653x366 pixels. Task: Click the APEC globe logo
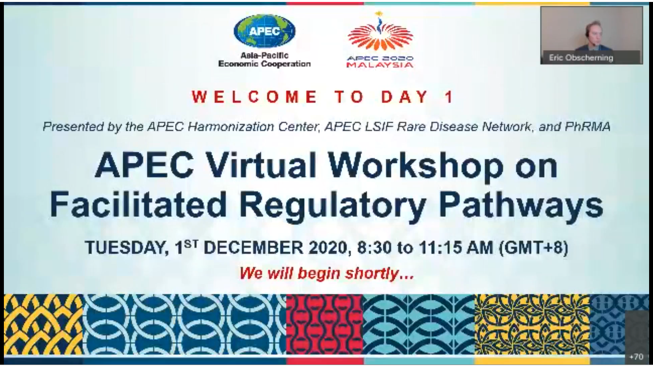[x=264, y=31]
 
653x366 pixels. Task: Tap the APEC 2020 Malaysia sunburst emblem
[x=380, y=32]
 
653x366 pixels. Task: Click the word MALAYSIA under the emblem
[x=380, y=65]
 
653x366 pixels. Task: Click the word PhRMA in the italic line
[x=587, y=127]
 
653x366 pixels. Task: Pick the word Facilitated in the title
[x=138, y=204]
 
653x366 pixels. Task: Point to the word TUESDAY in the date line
[x=126, y=248]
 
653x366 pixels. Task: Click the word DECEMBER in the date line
[x=254, y=248]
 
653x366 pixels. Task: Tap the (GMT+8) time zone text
[x=533, y=248]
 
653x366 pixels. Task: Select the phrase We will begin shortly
[x=326, y=274]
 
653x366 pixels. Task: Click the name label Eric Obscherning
[x=581, y=58]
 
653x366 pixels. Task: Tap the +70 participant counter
[x=636, y=357]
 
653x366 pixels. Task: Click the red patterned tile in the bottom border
[x=325, y=324]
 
